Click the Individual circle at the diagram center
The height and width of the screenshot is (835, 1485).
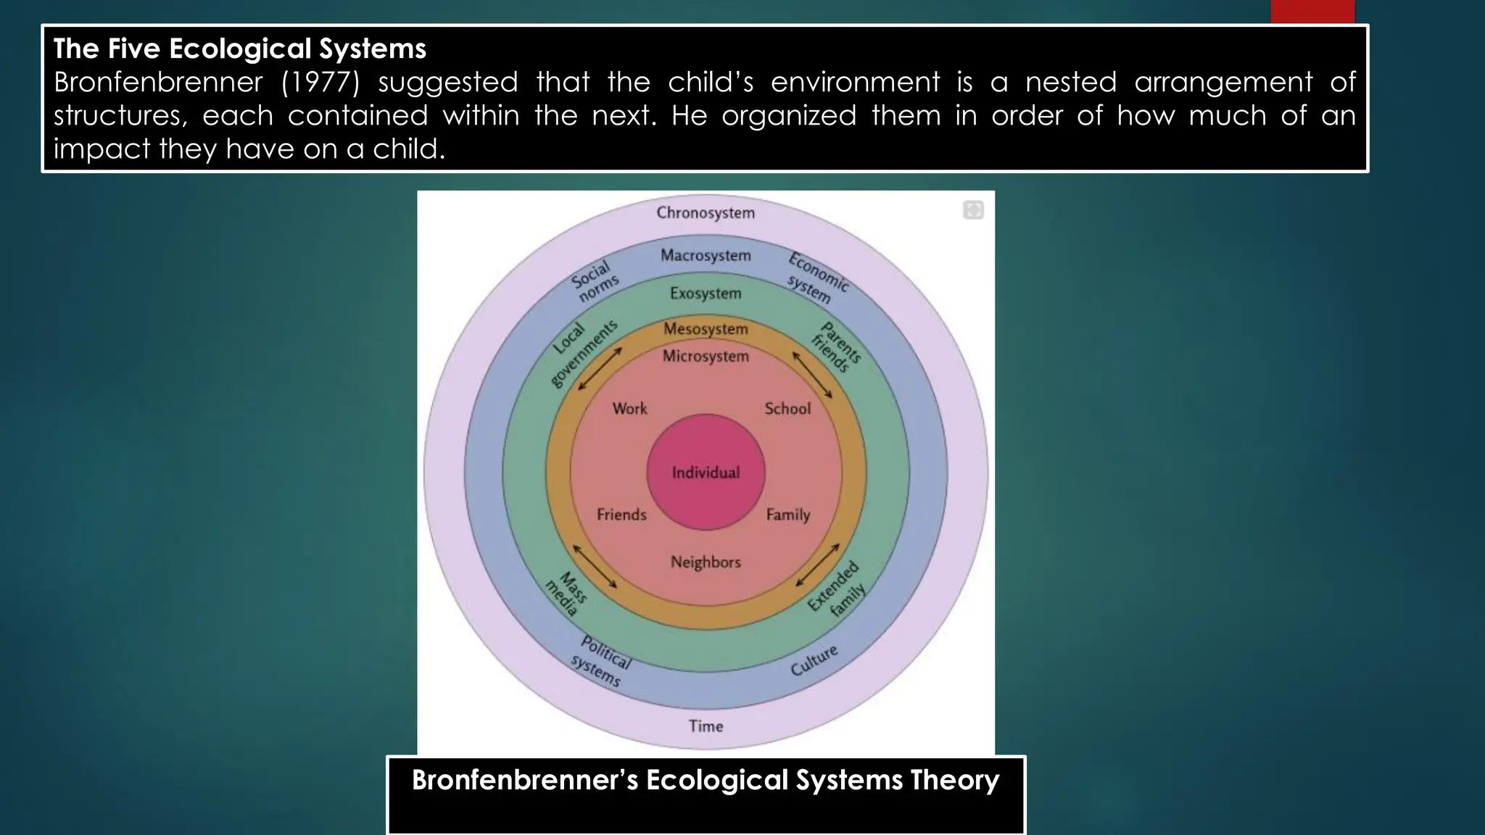pos(706,473)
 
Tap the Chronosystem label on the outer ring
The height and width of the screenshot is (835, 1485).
pos(706,212)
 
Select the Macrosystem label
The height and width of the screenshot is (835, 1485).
pos(706,255)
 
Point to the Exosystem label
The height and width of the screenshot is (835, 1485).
pos(706,293)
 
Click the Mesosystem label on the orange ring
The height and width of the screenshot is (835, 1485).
pos(706,328)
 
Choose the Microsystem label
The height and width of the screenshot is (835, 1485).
pos(706,356)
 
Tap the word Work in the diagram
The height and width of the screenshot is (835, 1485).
pos(629,408)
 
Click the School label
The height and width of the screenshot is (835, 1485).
pos(787,408)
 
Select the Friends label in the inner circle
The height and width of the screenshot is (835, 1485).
pos(621,515)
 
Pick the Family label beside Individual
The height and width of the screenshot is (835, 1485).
pos(788,515)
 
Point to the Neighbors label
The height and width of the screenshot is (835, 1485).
pos(706,562)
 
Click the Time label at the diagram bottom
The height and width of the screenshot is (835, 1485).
pos(706,726)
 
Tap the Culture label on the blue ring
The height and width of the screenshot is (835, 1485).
pos(814,660)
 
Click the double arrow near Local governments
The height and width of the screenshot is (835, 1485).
pos(600,368)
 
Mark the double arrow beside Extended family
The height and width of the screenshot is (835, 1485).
pos(817,565)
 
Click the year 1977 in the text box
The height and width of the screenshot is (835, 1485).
pos(320,82)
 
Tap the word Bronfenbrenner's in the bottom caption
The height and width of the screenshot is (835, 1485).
pos(525,780)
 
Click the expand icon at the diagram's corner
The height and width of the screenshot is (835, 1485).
pos(973,210)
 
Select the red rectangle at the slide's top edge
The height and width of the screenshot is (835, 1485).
pos(1312,12)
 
